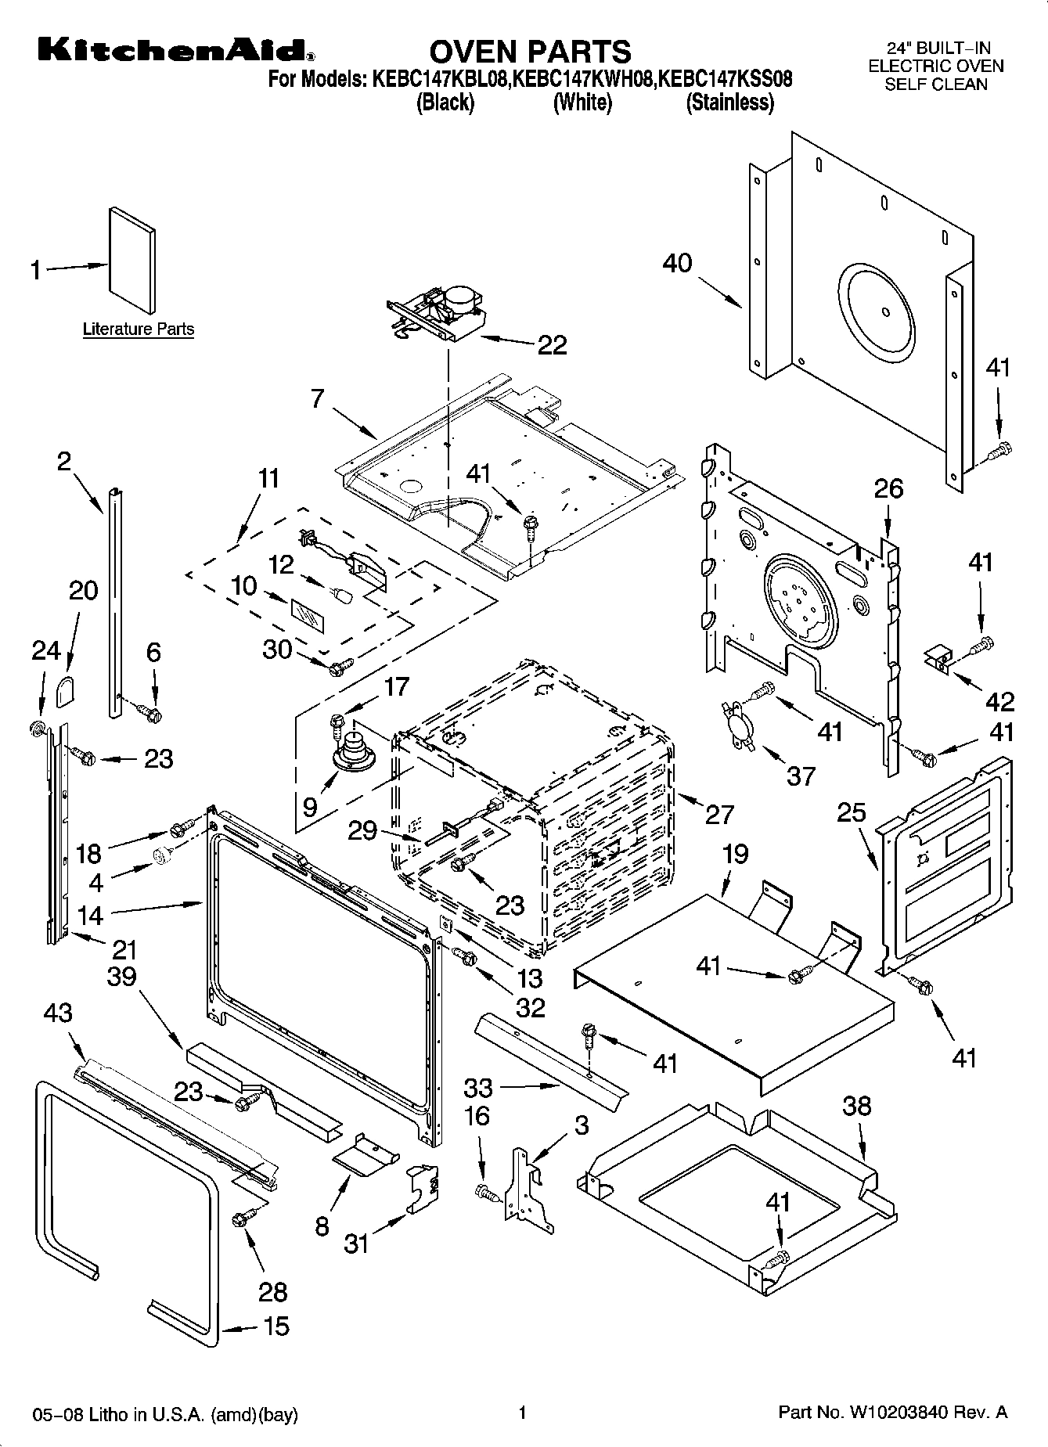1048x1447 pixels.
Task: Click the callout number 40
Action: [677, 263]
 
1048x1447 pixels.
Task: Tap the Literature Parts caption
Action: [138, 329]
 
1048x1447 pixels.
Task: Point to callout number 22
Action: [552, 345]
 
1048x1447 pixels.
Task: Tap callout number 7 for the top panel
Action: [317, 398]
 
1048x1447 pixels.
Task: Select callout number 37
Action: [801, 776]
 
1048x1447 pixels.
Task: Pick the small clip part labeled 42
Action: [938, 658]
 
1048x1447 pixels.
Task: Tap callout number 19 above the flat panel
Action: [735, 854]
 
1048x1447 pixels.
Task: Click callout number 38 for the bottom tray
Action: [857, 1107]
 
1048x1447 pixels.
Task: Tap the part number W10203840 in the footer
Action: [896, 1413]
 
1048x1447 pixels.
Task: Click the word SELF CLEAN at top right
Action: [936, 85]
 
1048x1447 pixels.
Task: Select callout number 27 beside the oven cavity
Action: [719, 814]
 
